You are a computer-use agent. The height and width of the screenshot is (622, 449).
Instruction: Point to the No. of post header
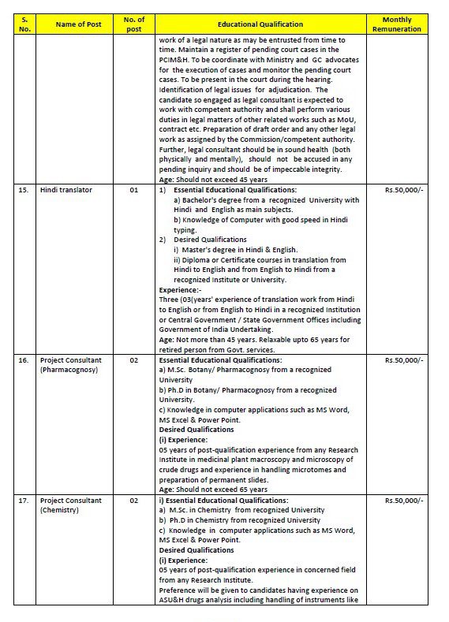click(x=134, y=24)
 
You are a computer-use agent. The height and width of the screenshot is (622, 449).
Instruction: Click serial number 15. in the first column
click(x=24, y=190)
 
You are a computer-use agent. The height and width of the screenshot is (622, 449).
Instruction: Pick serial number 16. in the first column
click(x=24, y=359)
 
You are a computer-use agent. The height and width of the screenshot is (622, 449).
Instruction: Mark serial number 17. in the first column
click(x=24, y=501)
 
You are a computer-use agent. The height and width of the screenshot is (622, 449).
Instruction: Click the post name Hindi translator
click(x=66, y=190)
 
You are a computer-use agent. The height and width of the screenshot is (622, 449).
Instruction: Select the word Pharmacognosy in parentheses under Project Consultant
click(x=69, y=369)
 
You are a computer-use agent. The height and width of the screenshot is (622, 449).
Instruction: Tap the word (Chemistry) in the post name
click(x=61, y=510)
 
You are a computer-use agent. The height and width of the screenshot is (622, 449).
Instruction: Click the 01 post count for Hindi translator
click(x=134, y=190)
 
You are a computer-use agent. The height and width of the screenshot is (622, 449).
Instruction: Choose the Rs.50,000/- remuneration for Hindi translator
click(x=403, y=190)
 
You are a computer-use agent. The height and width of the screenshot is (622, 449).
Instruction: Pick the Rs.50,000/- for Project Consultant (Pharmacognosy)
click(x=403, y=359)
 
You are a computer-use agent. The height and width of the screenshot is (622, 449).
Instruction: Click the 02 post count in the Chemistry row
click(x=134, y=501)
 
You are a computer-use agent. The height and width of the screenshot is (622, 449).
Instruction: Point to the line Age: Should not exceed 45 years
click(x=213, y=179)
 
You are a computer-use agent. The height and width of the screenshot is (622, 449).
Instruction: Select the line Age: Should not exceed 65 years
click(x=213, y=490)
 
